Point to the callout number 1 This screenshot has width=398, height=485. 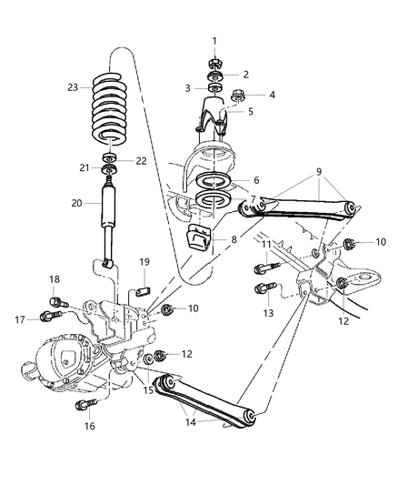pos(214,40)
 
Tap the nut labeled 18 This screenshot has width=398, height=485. pos(56,301)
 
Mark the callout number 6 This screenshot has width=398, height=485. pos(255,180)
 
